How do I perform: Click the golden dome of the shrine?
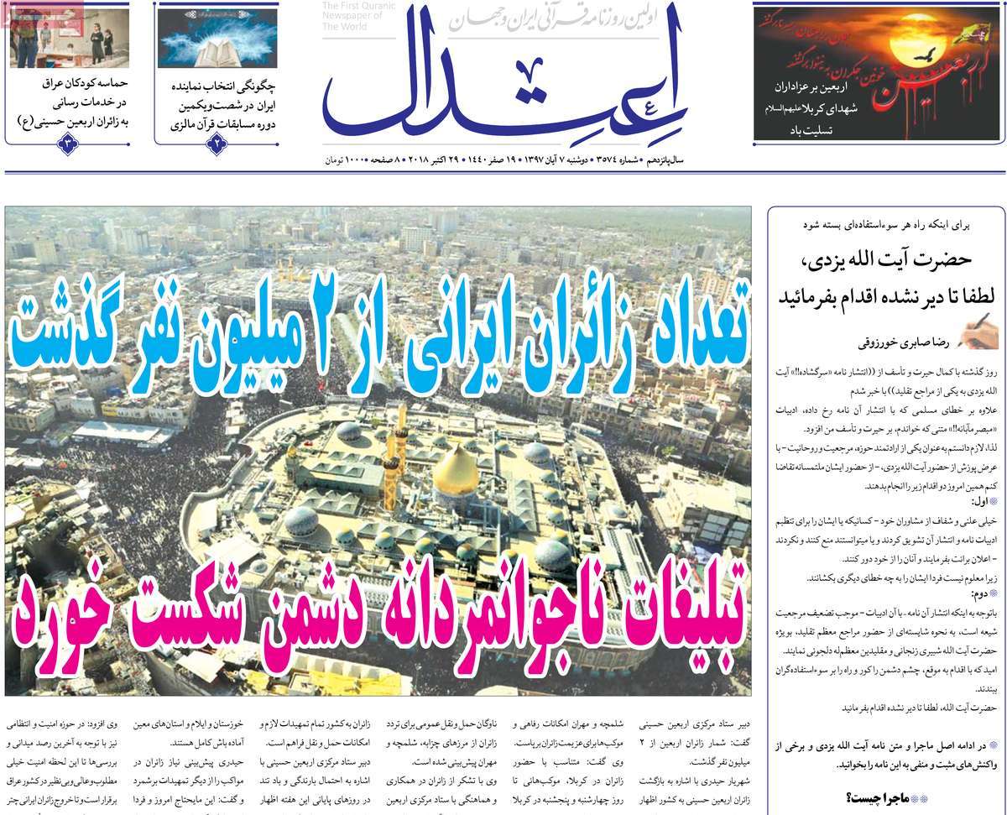[456, 473]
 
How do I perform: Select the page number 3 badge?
[68, 144]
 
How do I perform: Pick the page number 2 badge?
[217, 144]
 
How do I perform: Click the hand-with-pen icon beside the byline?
[977, 337]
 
